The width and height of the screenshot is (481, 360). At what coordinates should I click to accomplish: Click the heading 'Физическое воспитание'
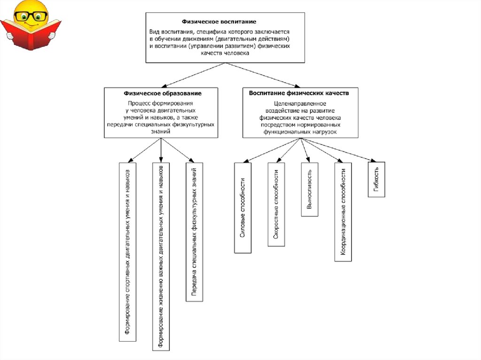click(x=219, y=22)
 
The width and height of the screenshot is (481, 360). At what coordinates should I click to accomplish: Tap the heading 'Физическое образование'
click(x=163, y=93)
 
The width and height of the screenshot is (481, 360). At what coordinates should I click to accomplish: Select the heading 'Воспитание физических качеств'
click(x=299, y=93)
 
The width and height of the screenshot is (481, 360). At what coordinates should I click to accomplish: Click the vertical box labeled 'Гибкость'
click(x=376, y=179)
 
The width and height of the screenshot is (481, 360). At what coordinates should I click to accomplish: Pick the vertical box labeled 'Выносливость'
click(x=310, y=190)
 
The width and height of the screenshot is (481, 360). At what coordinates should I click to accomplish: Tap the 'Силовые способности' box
click(x=243, y=207)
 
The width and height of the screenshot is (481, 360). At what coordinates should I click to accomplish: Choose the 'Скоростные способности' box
click(x=276, y=204)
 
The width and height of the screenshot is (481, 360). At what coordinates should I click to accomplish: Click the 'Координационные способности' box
click(x=343, y=212)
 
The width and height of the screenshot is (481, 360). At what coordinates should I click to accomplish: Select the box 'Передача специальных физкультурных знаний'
click(x=194, y=232)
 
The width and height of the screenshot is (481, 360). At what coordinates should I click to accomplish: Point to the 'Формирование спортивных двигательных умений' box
click(x=128, y=252)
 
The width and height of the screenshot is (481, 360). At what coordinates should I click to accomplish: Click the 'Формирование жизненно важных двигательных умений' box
click(x=161, y=256)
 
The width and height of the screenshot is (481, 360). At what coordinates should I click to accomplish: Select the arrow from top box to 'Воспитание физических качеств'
click(x=263, y=75)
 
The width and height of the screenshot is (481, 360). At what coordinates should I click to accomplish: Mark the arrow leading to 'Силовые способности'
click(x=272, y=150)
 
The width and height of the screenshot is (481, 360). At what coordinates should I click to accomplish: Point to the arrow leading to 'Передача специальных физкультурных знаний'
click(x=178, y=150)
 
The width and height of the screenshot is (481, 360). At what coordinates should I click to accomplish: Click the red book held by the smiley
click(x=31, y=34)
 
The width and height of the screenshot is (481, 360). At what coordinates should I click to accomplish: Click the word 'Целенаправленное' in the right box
click(x=300, y=104)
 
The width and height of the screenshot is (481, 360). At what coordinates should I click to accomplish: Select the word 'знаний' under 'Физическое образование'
click(x=161, y=131)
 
